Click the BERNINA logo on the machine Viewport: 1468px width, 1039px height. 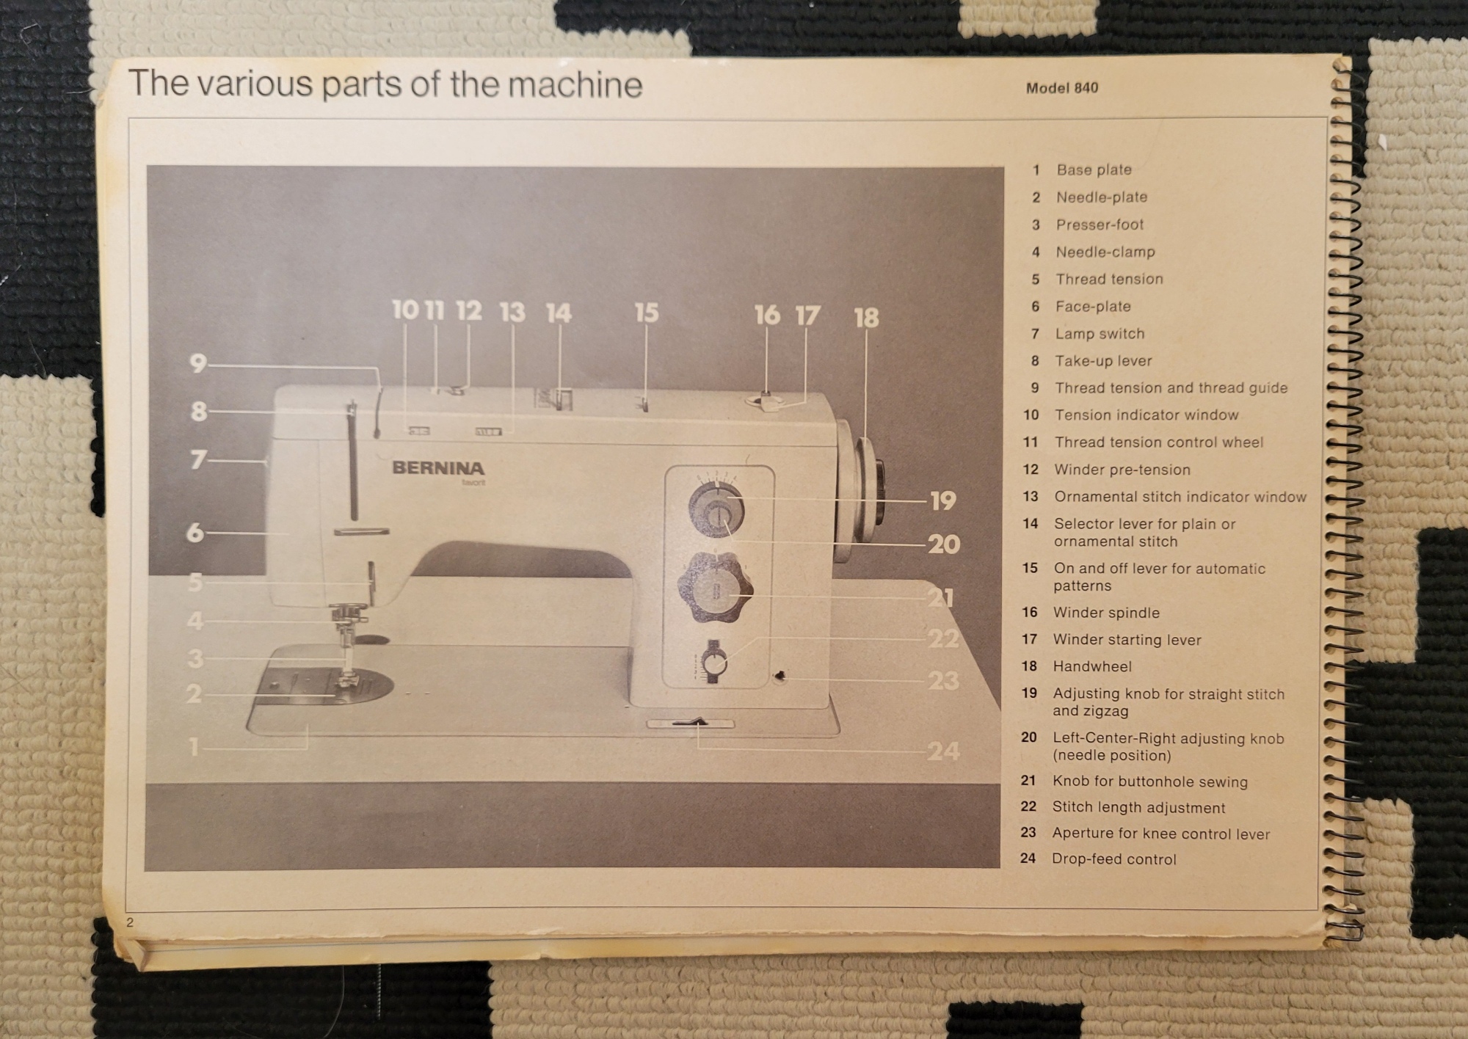[x=438, y=468]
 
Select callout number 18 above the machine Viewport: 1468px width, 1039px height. [x=866, y=318]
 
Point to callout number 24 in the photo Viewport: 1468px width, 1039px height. [x=943, y=751]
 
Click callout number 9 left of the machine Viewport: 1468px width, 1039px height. [x=198, y=362]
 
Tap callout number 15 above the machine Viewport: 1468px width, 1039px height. [x=647, y=313]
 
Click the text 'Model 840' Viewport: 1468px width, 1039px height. [x=1062, y=88]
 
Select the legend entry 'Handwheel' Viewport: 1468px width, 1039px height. [x=1092, y=666]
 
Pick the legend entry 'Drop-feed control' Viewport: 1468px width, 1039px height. [x=1113, y=858]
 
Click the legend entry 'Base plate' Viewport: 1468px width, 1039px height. [x=1094, y=169]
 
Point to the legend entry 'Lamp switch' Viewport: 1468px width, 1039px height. [x=1100, y=334]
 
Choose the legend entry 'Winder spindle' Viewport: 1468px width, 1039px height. [x=1106, y=613]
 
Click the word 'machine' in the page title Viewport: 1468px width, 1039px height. [x=575, y=84]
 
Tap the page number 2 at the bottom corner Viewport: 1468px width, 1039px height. [x=130, y=922]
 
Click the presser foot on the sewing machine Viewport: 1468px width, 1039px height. [x=346, y=675]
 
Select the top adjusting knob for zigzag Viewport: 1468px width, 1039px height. [x=716, y=508]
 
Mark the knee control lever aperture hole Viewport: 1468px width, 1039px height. [x=780, y=676]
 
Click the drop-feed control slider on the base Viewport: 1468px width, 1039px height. [x=690, y=723]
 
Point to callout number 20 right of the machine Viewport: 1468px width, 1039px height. [x=944, y=544]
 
